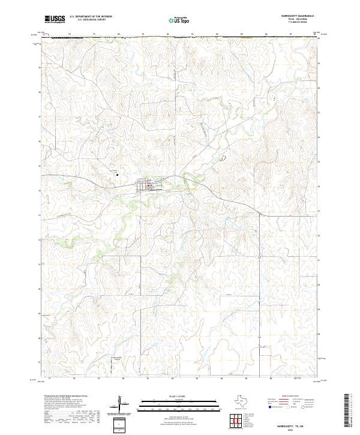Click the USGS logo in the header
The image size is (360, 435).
click(x=55, y=20)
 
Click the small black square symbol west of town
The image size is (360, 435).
click(x=118, y=175)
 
